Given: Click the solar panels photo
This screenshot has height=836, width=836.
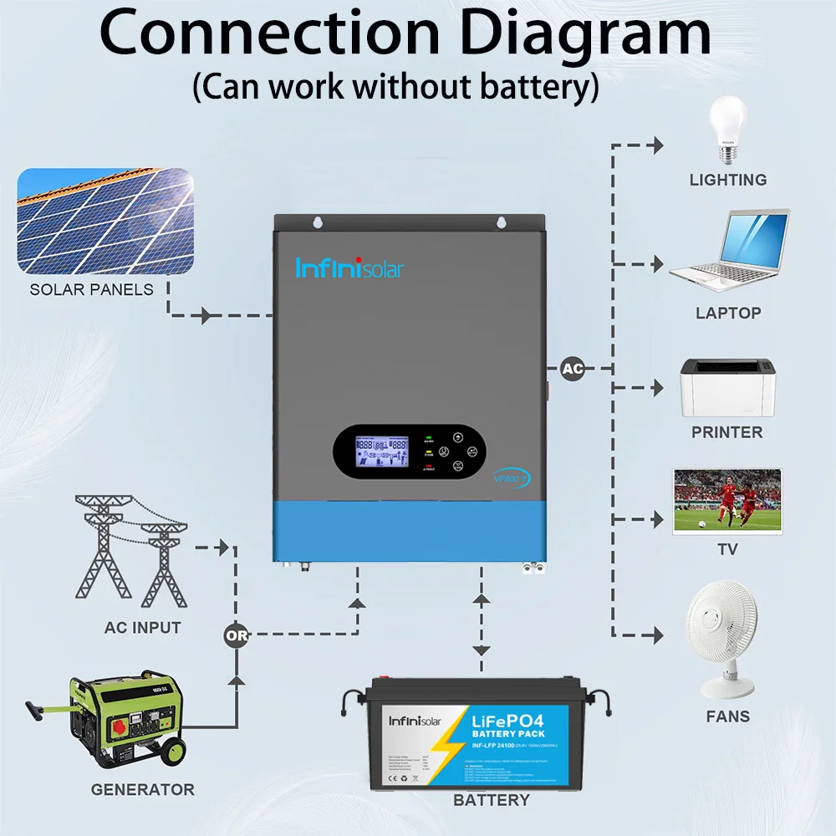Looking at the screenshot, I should (x=105, y=221).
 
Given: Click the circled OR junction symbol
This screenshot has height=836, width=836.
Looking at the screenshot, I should (x=237, y=635).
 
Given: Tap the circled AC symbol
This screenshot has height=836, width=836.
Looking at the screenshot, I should (x=572, y=368).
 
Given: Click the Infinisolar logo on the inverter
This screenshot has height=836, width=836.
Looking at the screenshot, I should (x=349, y=268).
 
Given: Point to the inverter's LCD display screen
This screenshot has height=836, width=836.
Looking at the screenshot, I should (x=382, y=452).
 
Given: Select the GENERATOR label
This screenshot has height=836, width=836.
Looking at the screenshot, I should (x=142, y=789).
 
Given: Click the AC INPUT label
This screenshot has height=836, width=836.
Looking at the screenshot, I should (x=142, y=627).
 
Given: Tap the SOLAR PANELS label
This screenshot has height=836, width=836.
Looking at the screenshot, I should (x=92, y=289).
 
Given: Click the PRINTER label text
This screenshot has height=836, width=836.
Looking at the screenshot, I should (x=727, y=432).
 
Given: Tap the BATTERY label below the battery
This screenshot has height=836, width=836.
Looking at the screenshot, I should (x=492, y=800).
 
